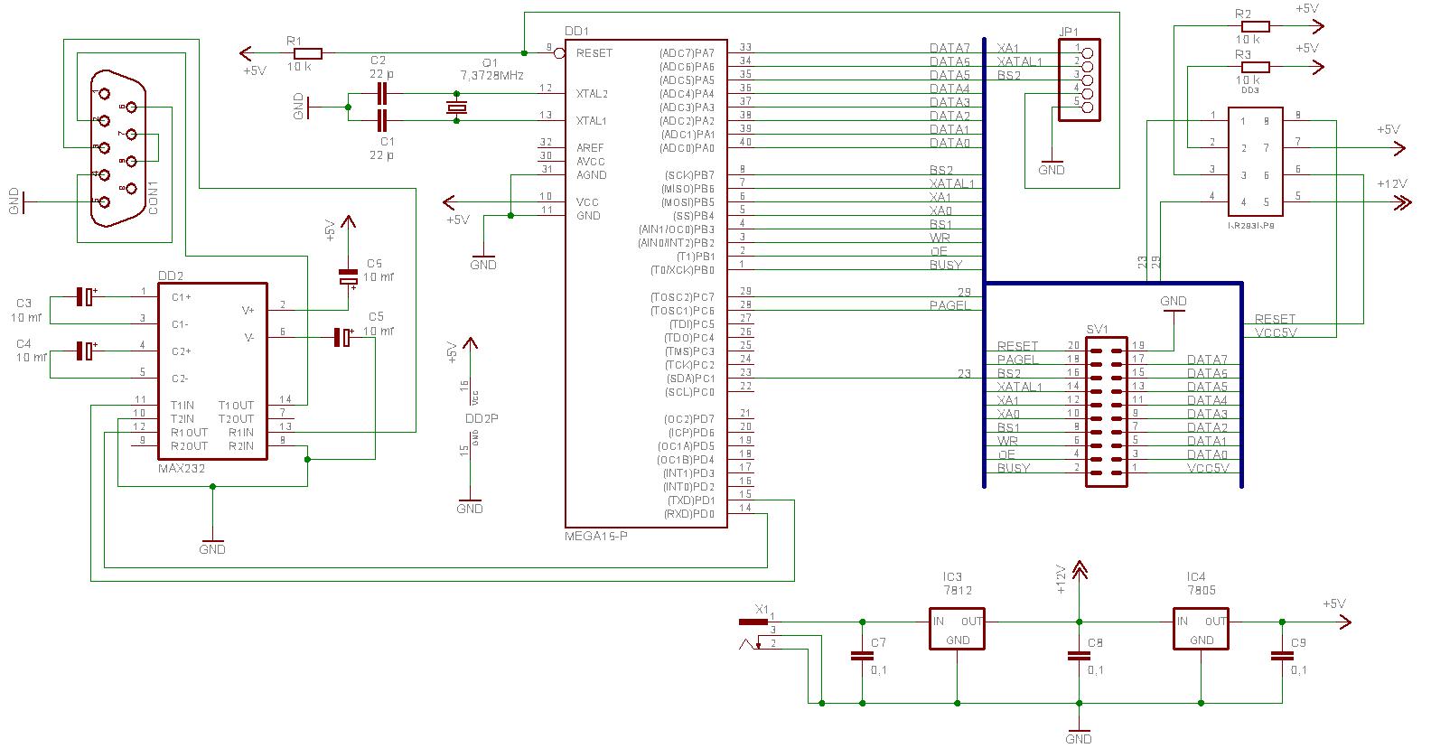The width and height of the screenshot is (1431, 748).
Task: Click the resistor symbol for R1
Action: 307,53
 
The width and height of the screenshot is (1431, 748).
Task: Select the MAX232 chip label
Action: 182,469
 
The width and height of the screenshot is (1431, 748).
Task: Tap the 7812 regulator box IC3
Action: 957,628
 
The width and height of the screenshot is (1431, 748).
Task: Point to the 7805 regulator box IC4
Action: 1201,628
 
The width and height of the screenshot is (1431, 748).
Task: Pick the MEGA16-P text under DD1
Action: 595,536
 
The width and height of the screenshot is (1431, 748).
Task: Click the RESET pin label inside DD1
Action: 594,53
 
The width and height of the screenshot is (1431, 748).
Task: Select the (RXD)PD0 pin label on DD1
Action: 688,514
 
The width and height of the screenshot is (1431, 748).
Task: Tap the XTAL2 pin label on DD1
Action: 592,93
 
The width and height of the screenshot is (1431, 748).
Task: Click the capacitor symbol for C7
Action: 857,657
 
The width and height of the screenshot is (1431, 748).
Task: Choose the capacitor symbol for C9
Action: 1281,657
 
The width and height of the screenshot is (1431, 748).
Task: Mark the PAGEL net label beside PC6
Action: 949,305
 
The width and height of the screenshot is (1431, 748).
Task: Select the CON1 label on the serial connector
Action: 154,198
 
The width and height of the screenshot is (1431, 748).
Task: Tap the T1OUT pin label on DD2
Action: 236,406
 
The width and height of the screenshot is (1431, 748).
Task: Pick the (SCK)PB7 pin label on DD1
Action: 689,175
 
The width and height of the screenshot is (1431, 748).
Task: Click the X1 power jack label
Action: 762,609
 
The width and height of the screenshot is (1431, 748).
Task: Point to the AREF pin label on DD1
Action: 590,148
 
